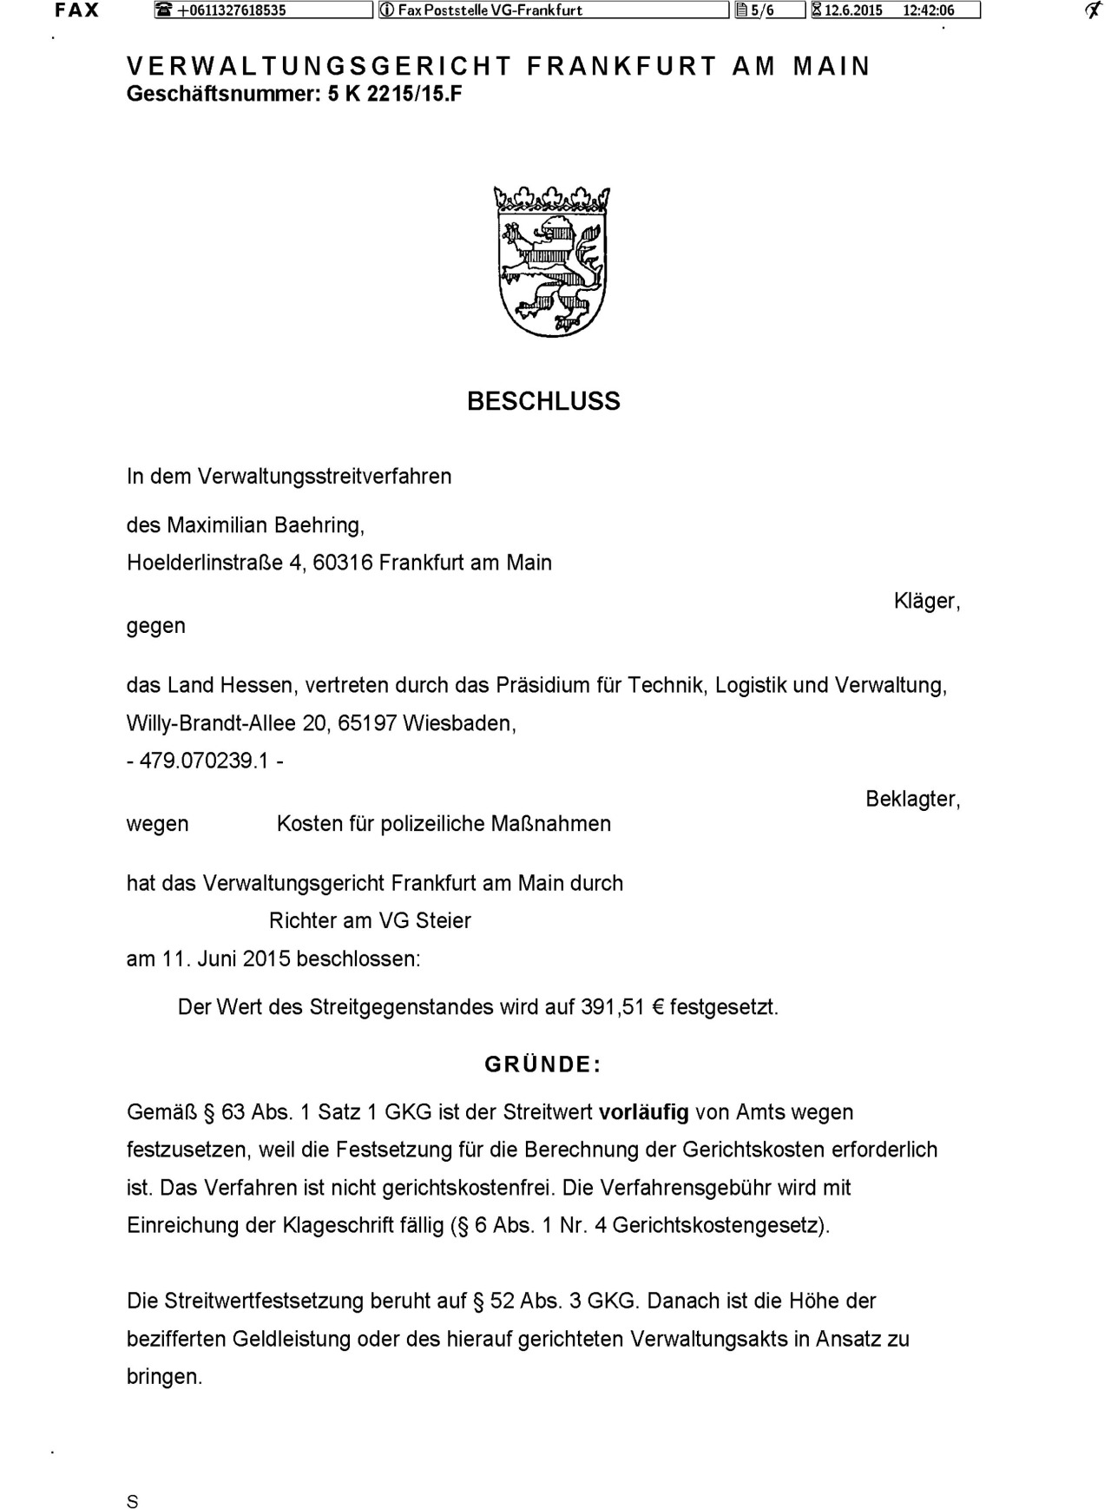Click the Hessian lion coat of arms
point(551,261)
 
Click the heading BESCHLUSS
point(543,401)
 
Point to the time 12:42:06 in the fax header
point(928,10)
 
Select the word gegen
point(156,626)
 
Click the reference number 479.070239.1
point(205,761)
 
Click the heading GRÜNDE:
point(542,1064)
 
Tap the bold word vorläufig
point(643,1112)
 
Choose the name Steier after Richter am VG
point(443,920)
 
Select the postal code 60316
point(342,563)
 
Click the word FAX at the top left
point(76,10)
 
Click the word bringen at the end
point(163,1377)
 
